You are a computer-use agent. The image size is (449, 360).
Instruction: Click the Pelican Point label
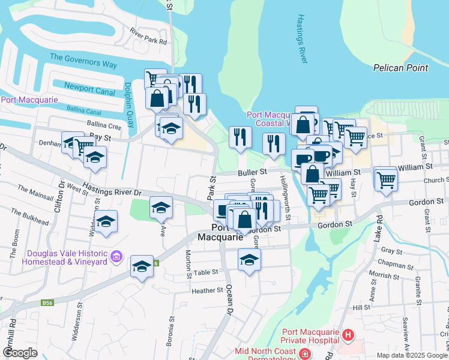(x=400, y=68)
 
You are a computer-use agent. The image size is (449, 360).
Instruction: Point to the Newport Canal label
(x=89, y=90)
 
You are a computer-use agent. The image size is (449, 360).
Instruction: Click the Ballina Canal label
(x=84, y=111)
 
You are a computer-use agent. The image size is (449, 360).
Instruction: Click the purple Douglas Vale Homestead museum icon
(x=116, y=258)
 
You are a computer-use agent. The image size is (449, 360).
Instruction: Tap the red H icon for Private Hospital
(x=348, y=334)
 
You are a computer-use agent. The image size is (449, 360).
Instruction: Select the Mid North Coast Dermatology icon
(x=305, y=355)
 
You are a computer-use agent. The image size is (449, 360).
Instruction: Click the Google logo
(x=20, y=353)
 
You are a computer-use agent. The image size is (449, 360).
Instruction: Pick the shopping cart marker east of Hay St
(x=386, y=178)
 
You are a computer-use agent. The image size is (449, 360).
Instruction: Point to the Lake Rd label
(x=378, y=227)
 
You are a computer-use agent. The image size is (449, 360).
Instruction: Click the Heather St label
(x=207, y=291)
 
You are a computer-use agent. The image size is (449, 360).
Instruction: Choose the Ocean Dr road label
(x=228, y=299)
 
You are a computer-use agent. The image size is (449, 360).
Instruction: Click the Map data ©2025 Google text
(x=411, y=355)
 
